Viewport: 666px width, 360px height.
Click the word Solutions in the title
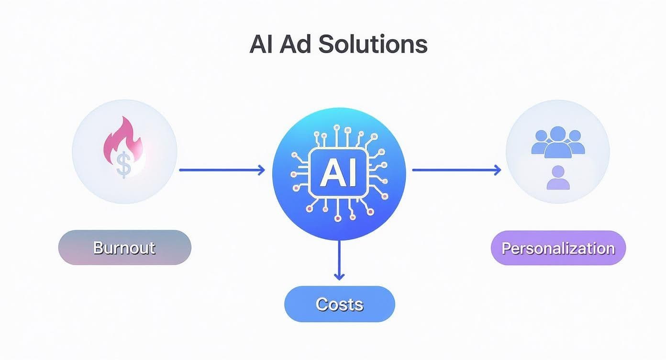[372, 45]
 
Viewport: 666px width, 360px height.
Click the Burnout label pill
[124, 247]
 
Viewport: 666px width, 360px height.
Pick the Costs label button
[340, 304]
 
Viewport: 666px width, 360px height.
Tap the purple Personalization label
[558, 248]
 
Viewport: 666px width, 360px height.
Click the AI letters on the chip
[338, 173]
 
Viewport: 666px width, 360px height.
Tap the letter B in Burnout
[98, 247]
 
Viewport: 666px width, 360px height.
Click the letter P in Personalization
[506, 248]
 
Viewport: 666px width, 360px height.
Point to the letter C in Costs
[322, 304]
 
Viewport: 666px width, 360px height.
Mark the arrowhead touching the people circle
[498, 169]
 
